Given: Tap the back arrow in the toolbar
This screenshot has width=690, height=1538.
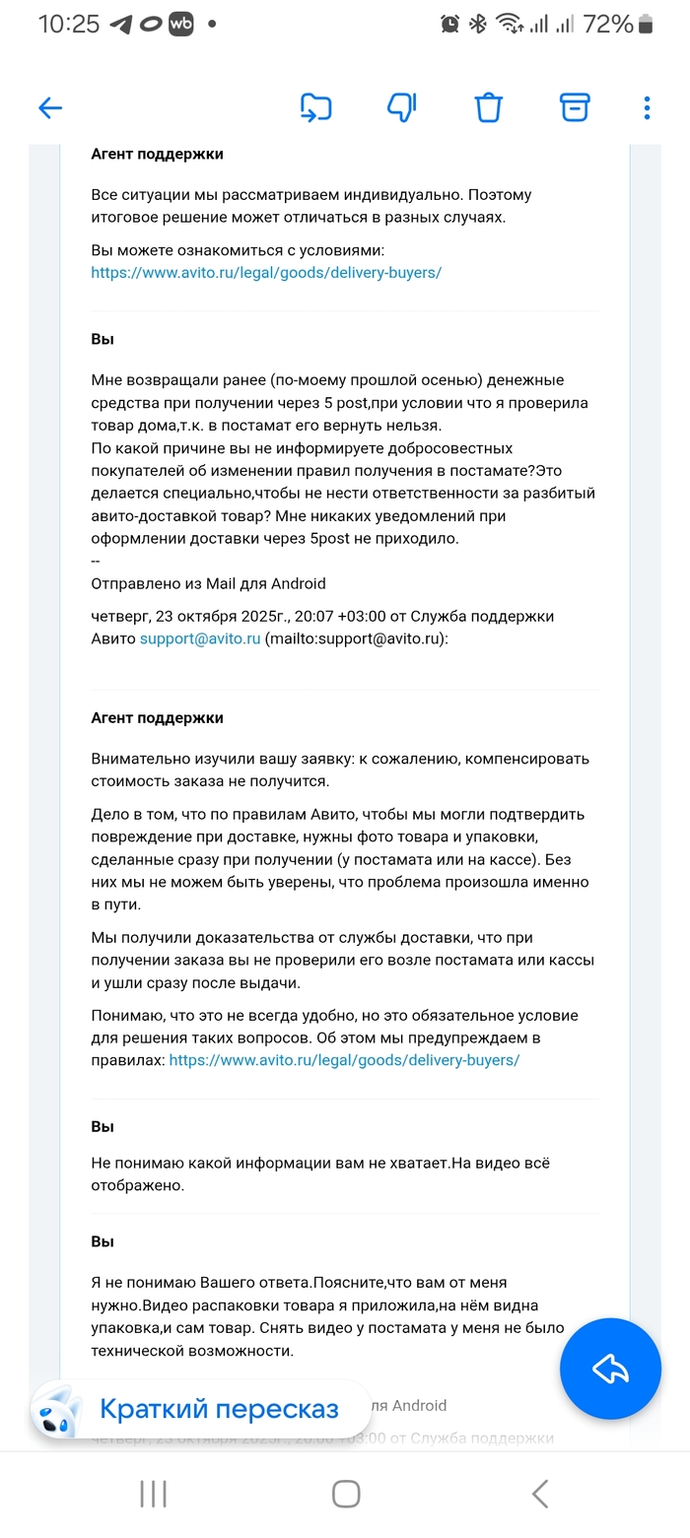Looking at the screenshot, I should click(x=50, y=108).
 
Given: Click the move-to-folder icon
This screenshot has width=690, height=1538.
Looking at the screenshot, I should click(x=315, y=107).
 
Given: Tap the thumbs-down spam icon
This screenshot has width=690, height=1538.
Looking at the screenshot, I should click(x=402, y=107).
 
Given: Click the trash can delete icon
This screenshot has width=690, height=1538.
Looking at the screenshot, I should click(x=489, y=107).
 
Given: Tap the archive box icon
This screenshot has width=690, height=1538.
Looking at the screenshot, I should click(x=575, y=107).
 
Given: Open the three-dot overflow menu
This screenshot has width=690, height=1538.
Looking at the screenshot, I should click(x=647, y=107).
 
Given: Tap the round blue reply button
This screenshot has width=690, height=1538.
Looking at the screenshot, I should click(x=610, y=1369).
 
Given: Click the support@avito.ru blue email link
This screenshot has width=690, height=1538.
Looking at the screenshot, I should click(x=200, y=638).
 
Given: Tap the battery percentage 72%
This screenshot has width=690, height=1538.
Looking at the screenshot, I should click(x=607, y=25).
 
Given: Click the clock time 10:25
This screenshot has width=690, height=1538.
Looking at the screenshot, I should click(x=69, y=25).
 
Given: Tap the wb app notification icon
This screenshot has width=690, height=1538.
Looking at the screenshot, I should click(x=180, y=25).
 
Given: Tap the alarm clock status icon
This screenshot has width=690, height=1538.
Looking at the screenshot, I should click(x=449, y=25).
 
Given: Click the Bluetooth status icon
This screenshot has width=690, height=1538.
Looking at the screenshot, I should click(x=478, y=25).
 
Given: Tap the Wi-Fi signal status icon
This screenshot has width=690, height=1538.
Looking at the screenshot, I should click(x=509, y=25).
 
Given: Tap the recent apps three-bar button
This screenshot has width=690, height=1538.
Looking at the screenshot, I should click(x=153, y=1494).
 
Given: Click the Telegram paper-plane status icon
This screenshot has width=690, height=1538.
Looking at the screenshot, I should click(x=121, y=25).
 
